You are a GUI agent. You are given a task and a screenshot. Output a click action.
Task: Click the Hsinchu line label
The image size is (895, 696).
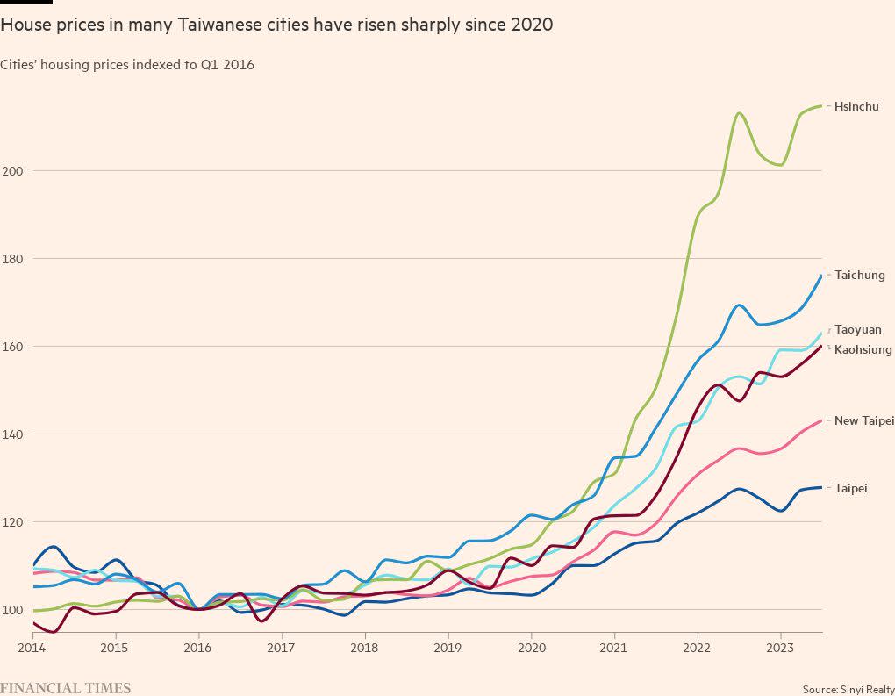click(856, 107)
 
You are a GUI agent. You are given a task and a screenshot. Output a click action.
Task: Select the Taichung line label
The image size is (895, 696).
click(859, 276)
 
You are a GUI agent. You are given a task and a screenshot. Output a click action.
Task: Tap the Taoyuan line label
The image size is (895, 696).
click(857, 330)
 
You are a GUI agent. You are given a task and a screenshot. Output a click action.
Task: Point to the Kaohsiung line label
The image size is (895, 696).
click(863, 350)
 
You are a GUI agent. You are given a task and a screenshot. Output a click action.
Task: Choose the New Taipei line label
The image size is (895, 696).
click(863, 421)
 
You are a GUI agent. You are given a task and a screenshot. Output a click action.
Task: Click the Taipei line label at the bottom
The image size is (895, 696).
click(850, 488)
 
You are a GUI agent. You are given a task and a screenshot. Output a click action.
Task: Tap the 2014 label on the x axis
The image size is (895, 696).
click(31, 648)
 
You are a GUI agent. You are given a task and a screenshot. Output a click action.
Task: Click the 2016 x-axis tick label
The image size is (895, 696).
click(197, 648)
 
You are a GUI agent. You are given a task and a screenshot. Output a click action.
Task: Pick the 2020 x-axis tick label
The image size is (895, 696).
click(531, 648)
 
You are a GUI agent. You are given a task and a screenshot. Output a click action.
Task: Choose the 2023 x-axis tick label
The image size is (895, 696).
click(781, 648)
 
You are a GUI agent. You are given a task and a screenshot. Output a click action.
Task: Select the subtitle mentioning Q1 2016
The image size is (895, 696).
click(127, 64)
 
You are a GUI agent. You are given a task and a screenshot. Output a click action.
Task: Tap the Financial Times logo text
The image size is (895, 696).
click(65, 688)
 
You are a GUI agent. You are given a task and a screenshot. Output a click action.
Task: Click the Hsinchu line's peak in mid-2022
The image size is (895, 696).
click(739, 113)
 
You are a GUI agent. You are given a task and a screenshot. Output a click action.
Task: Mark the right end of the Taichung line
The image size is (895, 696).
click(821, 276)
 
